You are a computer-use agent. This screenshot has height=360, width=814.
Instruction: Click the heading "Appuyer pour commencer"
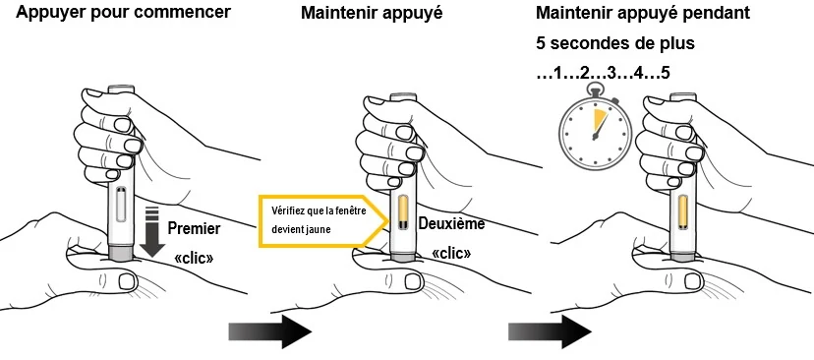pos(123,13)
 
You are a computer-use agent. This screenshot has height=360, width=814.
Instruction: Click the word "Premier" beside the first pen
pos(194,228)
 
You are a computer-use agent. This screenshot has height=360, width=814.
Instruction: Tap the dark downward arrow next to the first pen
pos(152,231)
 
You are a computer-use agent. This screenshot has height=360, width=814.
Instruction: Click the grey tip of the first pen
pos(123,252)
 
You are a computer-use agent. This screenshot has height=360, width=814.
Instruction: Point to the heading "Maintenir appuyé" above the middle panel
pos(372,13)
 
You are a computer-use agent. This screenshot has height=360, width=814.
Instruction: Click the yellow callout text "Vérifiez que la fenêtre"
pos(311,210)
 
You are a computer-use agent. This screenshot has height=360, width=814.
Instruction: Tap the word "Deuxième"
pos(451,224)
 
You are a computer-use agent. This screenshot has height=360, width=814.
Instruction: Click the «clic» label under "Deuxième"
pos(451,254)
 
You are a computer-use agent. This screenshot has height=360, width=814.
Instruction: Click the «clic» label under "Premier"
pos(194,258)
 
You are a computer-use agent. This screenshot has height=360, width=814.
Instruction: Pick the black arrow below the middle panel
pos(270,330)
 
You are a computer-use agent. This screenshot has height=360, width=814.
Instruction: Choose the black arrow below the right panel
pos(550,330)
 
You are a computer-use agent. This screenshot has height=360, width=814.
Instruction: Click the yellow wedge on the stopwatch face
pos(600,122)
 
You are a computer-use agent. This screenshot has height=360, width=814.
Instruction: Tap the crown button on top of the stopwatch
pos(595,90)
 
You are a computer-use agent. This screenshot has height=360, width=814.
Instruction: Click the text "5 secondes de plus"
pos(615,43)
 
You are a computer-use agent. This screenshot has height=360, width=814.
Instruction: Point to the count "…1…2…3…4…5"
pos(604,73)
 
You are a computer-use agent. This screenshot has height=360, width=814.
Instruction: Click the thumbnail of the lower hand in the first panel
pos(127,281)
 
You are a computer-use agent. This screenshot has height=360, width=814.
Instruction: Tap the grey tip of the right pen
pos(683,256)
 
